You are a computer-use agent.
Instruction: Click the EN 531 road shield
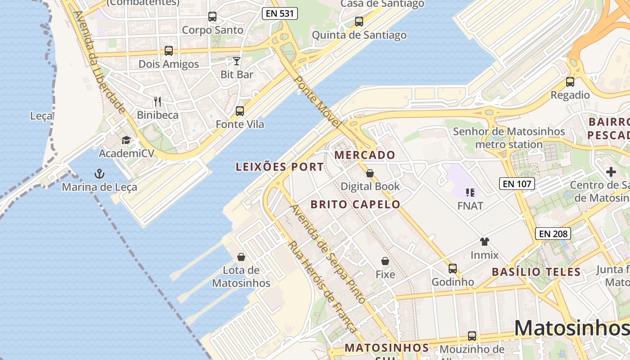click(280, 13)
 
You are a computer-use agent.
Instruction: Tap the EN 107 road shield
click(517, 183)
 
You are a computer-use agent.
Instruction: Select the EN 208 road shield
click(553, 234)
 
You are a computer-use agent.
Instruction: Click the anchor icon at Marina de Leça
click(99, 173)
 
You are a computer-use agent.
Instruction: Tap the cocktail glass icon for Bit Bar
click(237, 61)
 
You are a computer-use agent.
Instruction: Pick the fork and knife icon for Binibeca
click(157, 102)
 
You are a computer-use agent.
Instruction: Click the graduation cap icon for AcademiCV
click(126, 140)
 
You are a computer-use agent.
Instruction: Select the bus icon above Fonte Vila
click(240, 111)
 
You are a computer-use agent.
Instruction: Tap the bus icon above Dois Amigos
click(169, 51)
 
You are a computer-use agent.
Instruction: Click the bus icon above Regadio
click(570, 82)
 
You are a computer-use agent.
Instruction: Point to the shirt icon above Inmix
click(484, 242)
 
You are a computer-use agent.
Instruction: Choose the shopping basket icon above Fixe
click(385, 261)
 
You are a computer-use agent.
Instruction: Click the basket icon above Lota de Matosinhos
click(241, 257)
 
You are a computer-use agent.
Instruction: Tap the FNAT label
click(470, 206)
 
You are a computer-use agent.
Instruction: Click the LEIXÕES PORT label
click(280, 167)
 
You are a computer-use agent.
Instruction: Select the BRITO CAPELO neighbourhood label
click(355, 204)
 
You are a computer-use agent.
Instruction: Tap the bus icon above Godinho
click(453, 269)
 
